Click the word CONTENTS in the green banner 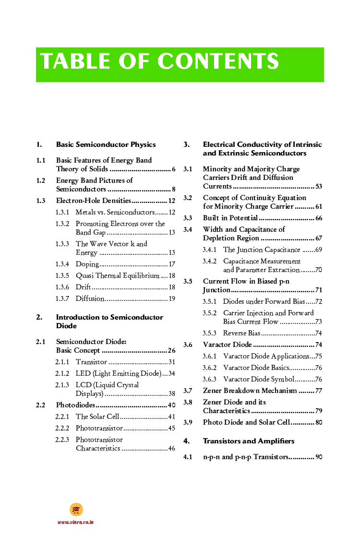[218, 61]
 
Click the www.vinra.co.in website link [75, 522]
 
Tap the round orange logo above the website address [76, 510]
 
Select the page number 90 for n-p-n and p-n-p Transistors [319, 457]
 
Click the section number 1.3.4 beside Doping [62, 264]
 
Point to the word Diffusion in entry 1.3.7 [90, 298]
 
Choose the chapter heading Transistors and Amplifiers [249, 441]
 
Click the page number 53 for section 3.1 [319, 186]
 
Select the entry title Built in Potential [230, 218]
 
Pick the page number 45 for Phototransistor [171, 428]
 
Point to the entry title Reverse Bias [241, 333]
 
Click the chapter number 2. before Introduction [39, 317]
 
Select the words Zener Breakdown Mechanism [250, 391]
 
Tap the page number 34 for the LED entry [171, 373]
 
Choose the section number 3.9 [188, 422]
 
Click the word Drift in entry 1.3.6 [83, 287]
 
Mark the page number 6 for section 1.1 [173, 169]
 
